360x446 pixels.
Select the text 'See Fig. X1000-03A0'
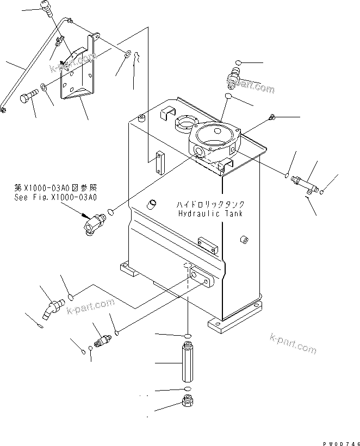[55, 198]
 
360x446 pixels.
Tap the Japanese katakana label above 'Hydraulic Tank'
[210, 204]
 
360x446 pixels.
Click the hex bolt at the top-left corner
[47, 7]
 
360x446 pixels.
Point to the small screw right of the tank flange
[272, 116]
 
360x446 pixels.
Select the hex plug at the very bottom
[188, 403]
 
